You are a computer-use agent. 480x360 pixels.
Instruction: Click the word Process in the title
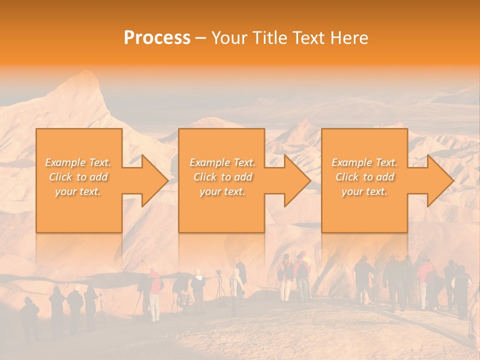click(157, 38)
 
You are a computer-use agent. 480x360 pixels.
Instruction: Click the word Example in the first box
click(65, 162)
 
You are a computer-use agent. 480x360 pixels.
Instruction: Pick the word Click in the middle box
click(205, 177)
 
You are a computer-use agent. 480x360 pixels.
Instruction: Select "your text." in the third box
click(364, 191)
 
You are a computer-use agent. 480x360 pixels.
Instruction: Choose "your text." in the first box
click(78, 191)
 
